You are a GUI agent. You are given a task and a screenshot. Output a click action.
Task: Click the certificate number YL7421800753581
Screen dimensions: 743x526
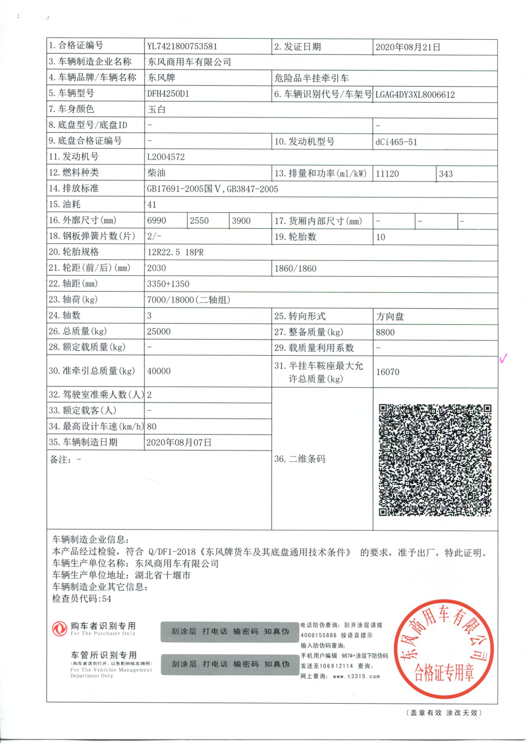click(x=182, y=47)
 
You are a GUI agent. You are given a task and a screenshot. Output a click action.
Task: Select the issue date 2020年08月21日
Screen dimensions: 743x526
click(x=408, y=47)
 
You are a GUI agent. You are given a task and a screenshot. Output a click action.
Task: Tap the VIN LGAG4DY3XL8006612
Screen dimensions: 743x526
click(x=415, y=94)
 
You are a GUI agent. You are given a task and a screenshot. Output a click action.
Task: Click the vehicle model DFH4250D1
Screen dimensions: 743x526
click(x=168, y=94)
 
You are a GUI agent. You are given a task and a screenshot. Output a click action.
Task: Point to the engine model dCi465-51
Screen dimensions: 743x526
click(x=396, y=142)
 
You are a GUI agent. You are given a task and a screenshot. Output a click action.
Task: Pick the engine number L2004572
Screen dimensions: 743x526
click(x=166, y=157)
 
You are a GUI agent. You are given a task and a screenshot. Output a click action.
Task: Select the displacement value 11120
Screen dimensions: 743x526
click(x=387, y=174)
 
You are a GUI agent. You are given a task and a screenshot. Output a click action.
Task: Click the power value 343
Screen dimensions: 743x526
click(x=446, y=174)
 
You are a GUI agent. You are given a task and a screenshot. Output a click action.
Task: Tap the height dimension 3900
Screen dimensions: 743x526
click(x=241, y=221)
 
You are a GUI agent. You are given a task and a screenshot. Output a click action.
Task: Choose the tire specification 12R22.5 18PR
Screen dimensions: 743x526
click(x=175, y=252)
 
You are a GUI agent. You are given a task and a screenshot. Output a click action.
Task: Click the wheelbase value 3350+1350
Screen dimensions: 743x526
click(x=168, y=284)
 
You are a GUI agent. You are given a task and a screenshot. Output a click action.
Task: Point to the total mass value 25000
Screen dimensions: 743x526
click(x=159, y=332)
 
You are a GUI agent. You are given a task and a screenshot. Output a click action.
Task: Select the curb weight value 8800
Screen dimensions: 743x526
click(x=385, y=333)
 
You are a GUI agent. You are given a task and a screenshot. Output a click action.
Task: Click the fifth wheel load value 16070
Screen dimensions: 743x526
click(x=388, y=372)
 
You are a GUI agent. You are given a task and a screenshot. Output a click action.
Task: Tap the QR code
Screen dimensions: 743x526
click(x=435, y=460)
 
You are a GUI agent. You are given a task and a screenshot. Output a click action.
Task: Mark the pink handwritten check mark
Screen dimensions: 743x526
click(x=503, y=359)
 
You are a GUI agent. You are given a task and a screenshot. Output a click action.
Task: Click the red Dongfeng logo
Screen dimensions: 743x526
click(x=59, y=629)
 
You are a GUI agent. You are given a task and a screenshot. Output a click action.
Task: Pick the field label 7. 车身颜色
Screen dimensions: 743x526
click(x=71, y=109)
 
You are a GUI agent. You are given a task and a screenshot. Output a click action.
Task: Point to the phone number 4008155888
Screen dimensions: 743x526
click(x=319, y=635)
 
